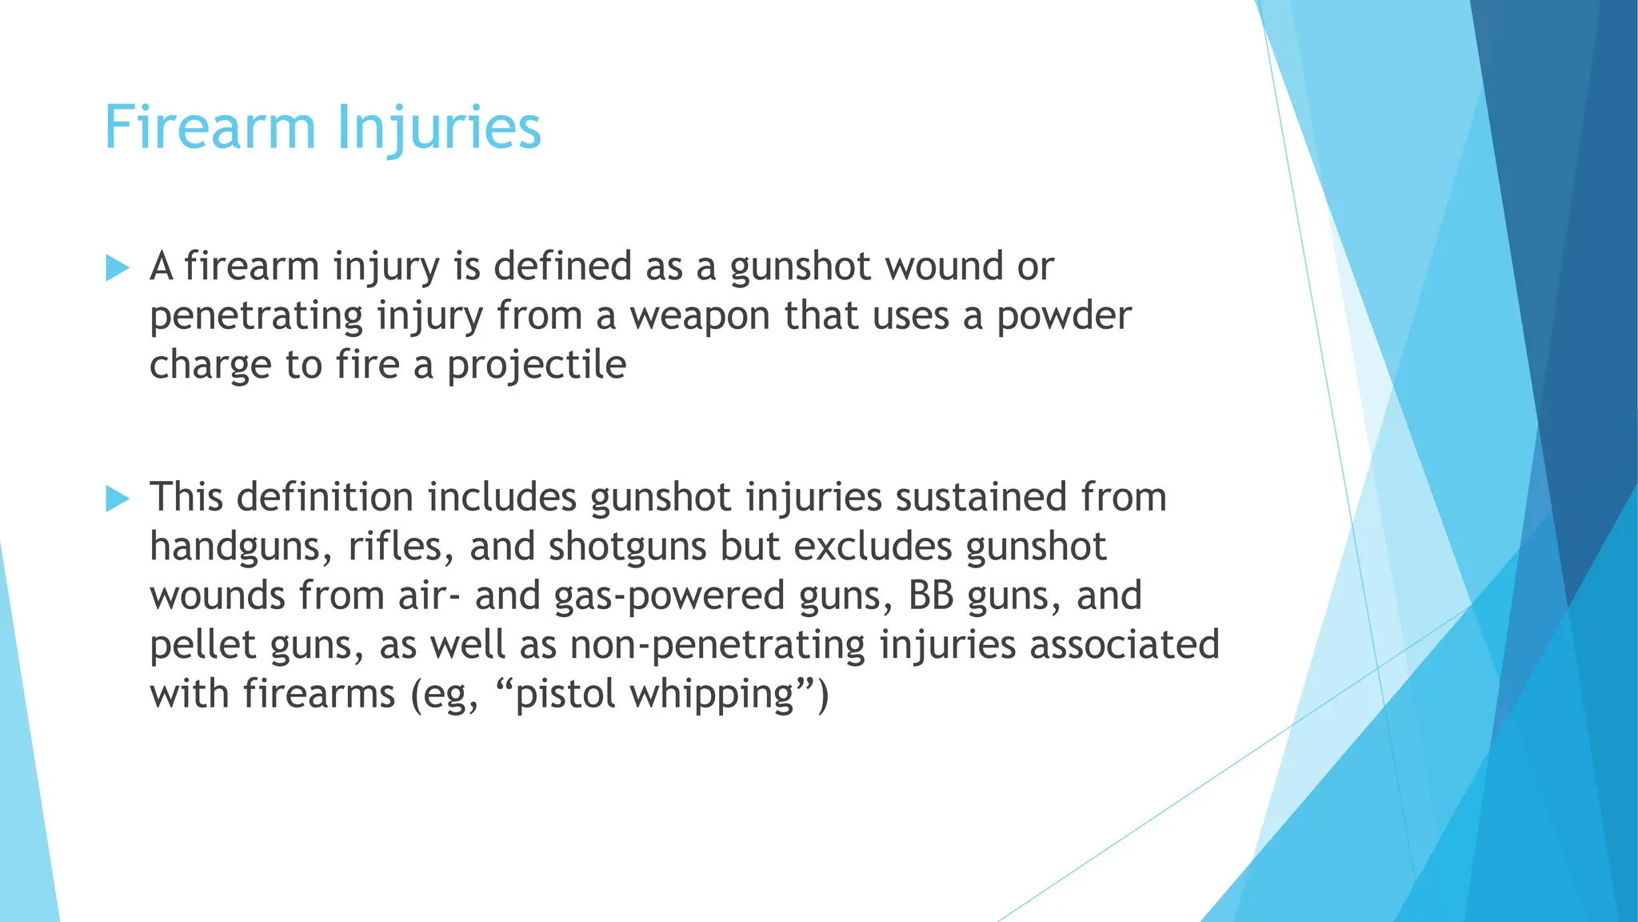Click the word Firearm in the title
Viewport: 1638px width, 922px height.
pyautogui.click(x=210, y=128)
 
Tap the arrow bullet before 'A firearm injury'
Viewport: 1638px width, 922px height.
pyautogui.click(x=117, y=267)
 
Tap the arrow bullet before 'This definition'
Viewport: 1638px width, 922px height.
pyautogui.click(x=117, y=499)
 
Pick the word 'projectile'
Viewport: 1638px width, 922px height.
pyautogui.click(x=536, y=367)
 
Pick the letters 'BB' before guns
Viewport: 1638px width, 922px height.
pyautogui.click(x=931, y=596)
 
